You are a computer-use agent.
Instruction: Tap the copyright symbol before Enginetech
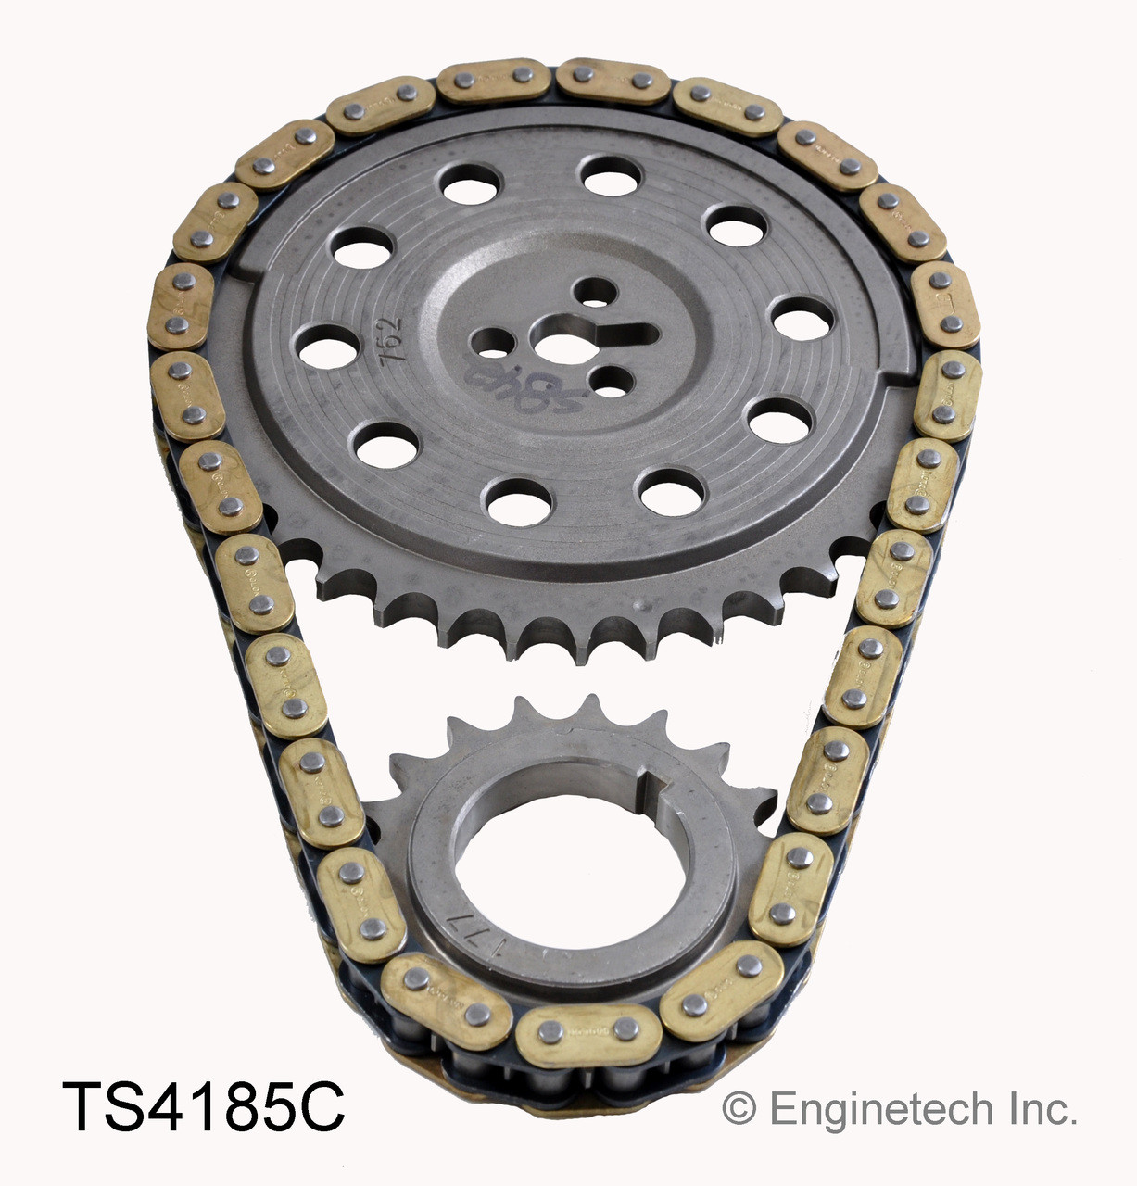click(738, 1108)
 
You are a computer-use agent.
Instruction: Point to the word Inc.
click(1044, 1108)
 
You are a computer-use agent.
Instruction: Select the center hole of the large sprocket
click(558, 348)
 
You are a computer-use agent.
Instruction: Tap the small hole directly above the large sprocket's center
click(589, 293)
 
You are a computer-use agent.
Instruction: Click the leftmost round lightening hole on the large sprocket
click(328, 349)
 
